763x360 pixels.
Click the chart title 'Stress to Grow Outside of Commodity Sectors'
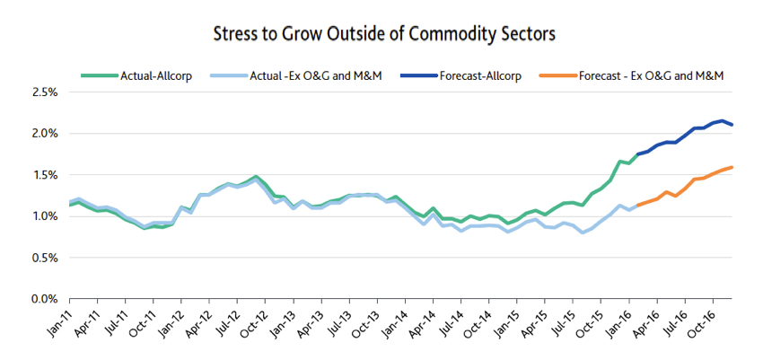(x=384, y=34)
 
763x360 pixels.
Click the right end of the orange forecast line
(x=732, y=167)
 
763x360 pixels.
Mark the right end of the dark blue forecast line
(x=732, y=125)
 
